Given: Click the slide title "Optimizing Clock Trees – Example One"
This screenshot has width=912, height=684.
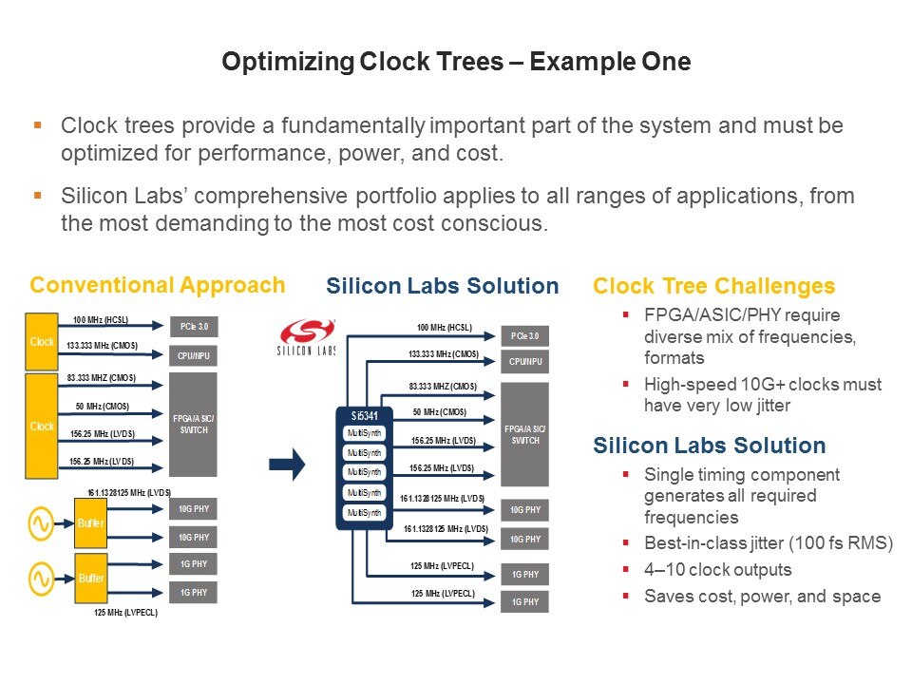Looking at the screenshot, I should (456, 63).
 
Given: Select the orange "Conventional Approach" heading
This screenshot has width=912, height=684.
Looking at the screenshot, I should (157, 285).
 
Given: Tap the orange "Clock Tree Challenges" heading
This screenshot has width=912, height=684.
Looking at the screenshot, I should (713, 286).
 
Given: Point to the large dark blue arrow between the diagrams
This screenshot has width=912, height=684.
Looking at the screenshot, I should (286, 464).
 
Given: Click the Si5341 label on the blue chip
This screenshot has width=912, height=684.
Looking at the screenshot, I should (362, 415).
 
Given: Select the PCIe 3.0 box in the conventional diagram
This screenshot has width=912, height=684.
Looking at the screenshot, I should (193, 327).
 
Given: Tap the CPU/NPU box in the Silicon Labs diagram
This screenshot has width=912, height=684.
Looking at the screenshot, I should (524, 361).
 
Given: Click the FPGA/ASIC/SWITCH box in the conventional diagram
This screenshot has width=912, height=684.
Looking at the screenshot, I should (193, 423).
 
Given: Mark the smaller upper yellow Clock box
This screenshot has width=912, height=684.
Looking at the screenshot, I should (42, 339).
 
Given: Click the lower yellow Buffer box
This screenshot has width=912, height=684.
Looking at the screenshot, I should (91, 578).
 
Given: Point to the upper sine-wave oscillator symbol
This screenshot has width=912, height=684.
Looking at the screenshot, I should (43, 522).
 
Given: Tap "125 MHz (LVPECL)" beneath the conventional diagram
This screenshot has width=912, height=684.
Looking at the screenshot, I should (125, 613).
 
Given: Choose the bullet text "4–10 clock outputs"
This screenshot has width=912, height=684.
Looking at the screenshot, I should (717, 570).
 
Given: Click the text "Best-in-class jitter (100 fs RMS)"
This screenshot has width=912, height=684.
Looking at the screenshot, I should (769, 543).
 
